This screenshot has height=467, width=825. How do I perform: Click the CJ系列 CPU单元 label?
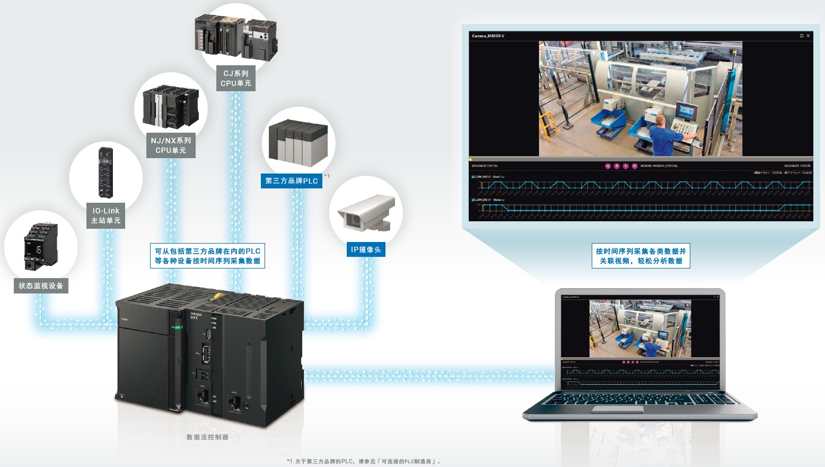(x=236, y=79)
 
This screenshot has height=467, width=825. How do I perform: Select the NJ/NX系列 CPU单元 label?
(x=171, y=145)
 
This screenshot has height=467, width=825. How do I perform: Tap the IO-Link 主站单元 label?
(x=106, y=215)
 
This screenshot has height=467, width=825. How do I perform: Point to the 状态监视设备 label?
(x=41, y=286)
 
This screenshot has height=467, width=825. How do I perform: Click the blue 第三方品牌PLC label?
(x=291, y=181)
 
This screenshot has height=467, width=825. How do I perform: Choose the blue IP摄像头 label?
(x=366, y=249)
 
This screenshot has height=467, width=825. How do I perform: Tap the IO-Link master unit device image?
(x=106, y=172)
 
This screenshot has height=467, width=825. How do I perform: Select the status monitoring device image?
(x=40, y=246)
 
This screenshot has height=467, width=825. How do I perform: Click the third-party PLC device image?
(x=299, y=142)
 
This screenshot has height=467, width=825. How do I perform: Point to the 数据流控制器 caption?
(x=207, y=437)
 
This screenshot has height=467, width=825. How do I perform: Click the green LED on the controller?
(x=178, y=327)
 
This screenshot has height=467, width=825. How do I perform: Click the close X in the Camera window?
(x=808, y=36)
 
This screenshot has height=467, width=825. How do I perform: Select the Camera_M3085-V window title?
(x=488, y=36)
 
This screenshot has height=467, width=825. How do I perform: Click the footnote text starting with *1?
(x=364, y=461)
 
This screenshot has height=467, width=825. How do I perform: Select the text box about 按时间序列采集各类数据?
(x=641, y=256)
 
